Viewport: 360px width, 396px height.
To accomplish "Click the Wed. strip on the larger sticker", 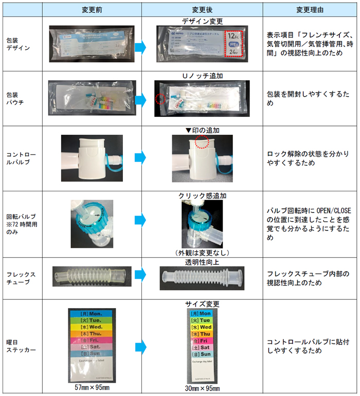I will (x=93, y=327).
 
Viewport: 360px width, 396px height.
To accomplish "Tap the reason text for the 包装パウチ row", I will (x=309, y=99).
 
